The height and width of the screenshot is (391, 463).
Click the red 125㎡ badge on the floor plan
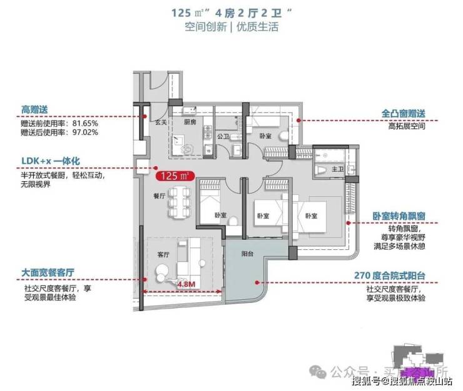click(175, 176)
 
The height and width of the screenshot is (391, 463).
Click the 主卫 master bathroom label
click(337, 169)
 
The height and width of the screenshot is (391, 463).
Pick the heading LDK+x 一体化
click(47, 159)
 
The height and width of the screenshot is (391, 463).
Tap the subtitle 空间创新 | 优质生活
click(231, 27)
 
